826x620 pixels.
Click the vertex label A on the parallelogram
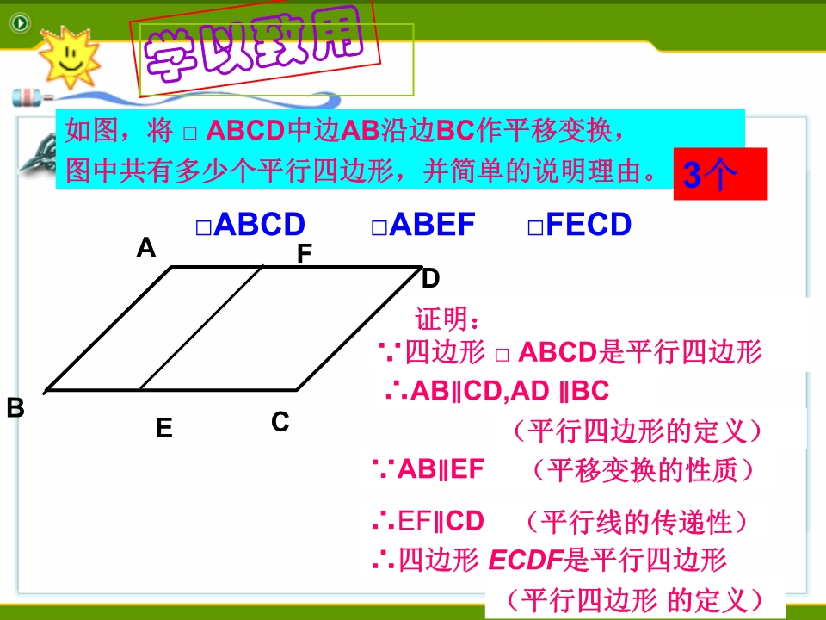click(x=146, y=247)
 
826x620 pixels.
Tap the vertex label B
click(x=15, y=407)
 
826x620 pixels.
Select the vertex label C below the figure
click(x=280, y=422)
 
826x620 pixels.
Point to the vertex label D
click(x=430, y=278)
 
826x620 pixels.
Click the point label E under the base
click(x=163, y=428)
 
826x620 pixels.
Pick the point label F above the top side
click(x=305, y=253)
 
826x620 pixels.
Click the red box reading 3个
click(x=720, y=173)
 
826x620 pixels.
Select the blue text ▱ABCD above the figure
click(x=250, y=224)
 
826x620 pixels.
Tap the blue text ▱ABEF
click(x=423, y=224)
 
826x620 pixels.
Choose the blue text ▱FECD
click(x=579, y=224)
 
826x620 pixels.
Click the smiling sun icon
click(x=69, y=57)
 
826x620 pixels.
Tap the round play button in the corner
click(x=20, y=23)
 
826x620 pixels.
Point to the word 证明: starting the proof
click(x=447, y=319)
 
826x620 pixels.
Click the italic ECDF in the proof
click(x=526, y=560)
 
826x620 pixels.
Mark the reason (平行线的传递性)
click(x=638, y=522)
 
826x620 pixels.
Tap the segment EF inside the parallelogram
click(x=200, y=328)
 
